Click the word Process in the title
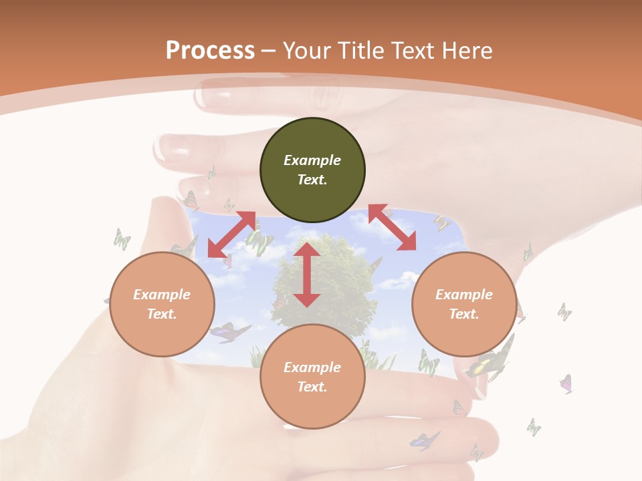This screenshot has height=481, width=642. point(210,51)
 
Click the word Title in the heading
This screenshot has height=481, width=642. point(360,51)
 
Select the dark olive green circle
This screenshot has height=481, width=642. point(312,170)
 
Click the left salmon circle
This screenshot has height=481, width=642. point(162,304)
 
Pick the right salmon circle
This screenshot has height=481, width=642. point(464,304)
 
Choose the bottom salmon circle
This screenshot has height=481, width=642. point(312,377)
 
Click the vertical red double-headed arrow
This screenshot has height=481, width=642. point(307,275)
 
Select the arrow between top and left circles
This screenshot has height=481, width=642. point(231,234)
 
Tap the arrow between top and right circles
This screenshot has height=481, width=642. point(392,228)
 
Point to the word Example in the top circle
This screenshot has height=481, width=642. point(312,160)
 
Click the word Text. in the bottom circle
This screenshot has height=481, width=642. point(312,387)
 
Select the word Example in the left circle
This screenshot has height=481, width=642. point(162,295)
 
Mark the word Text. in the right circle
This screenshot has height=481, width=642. point(464,314)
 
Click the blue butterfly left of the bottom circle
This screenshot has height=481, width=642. point(229,331)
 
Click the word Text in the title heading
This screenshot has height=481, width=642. point(411,51)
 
